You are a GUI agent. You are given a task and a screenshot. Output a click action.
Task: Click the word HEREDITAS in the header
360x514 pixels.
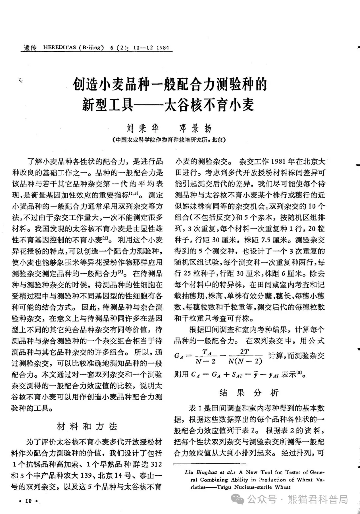(x=60, y=47)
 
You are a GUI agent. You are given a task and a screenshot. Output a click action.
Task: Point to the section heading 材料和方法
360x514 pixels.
(x=87, y=427)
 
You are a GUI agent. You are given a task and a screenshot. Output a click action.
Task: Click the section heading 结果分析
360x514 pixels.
(x=249, y=393)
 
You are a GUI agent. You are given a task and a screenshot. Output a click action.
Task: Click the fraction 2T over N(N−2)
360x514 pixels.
(x=245, y=357)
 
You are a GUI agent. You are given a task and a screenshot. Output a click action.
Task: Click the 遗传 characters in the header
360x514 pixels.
(x=30, y=47)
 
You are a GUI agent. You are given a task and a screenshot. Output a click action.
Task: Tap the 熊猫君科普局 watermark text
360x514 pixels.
(x=318, y=499)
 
